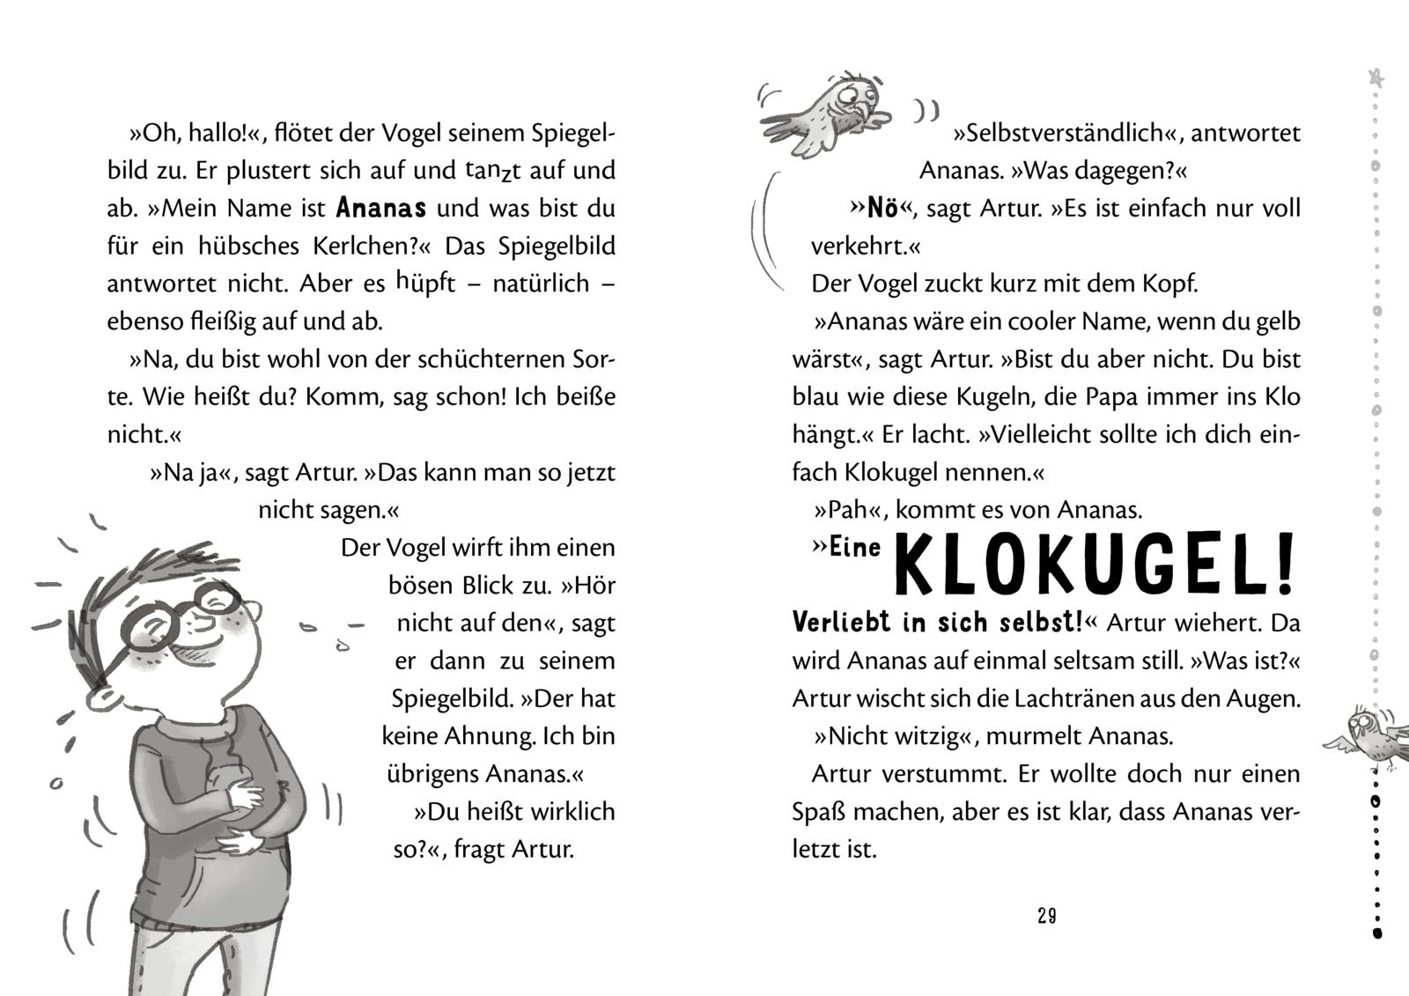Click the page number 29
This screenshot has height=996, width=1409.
pos(1046,916)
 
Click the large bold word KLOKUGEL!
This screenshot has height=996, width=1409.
pos(1095,564)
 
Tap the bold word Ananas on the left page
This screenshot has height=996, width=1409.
pos(381,209)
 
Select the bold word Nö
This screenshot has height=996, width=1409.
pos(882,209)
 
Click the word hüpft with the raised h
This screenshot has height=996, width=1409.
pos(426,283)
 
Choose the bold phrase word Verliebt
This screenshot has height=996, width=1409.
pos(842,623)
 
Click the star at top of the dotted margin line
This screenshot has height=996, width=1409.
pos(1376,78)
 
